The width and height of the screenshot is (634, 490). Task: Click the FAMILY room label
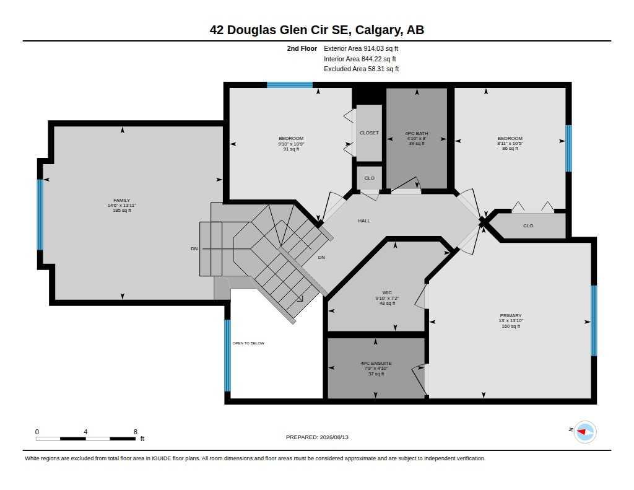122,200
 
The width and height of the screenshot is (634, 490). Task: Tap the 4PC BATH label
417,133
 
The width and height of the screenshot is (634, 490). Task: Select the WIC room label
387,292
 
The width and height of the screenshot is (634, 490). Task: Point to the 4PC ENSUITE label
376,364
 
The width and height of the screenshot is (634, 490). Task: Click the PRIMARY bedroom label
511,315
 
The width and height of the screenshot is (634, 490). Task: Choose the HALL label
364,221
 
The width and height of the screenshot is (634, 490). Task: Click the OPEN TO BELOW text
248,343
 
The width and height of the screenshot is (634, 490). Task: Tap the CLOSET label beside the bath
369,133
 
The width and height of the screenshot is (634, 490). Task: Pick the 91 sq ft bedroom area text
291,149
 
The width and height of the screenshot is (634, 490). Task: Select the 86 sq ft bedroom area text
510,149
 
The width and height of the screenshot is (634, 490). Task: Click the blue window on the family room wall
40,214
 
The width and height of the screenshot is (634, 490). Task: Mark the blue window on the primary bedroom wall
594,320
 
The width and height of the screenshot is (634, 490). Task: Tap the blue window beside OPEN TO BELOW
227,356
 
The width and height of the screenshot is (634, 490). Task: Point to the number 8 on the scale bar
136,432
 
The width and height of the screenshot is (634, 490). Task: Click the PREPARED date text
317,437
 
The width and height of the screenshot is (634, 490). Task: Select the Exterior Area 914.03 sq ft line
361,48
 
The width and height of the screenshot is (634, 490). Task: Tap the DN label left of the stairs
194,249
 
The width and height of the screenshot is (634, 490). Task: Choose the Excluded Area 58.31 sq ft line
362,69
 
